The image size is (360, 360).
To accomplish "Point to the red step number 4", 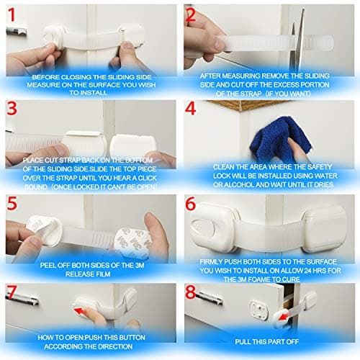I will [191, 109].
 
